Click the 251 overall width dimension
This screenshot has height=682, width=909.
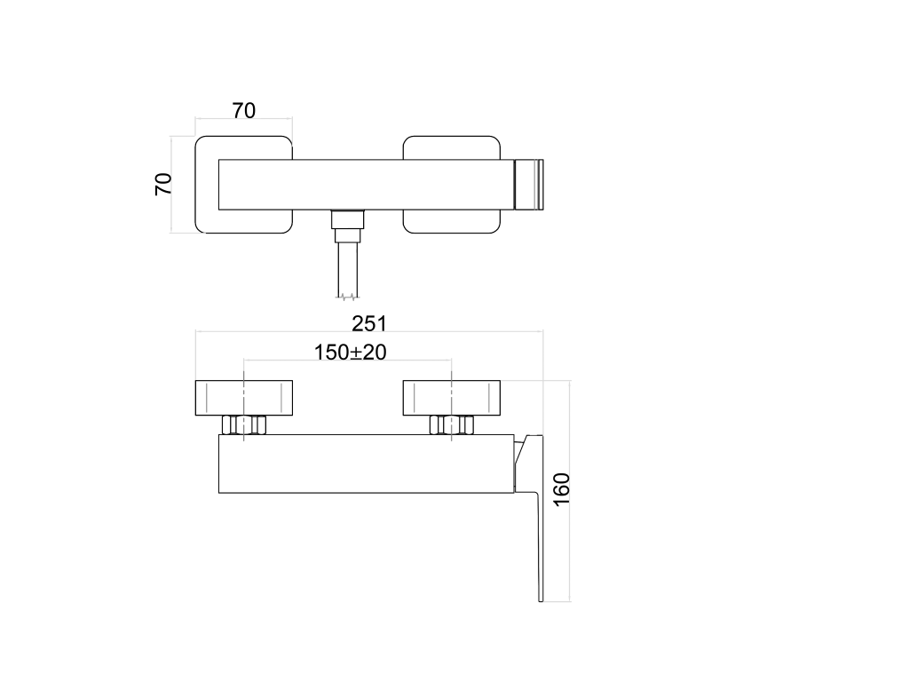(368, 323)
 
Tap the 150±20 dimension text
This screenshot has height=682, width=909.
(350, 352)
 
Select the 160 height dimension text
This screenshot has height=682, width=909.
(561, 489)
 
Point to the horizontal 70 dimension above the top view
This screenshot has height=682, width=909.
(244, 110)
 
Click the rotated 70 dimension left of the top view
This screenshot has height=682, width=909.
(163, 184)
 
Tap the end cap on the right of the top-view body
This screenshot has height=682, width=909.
(529, 185)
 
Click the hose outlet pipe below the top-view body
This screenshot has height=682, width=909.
(347, 269)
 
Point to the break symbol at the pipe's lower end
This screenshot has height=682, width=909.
(347, 297)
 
